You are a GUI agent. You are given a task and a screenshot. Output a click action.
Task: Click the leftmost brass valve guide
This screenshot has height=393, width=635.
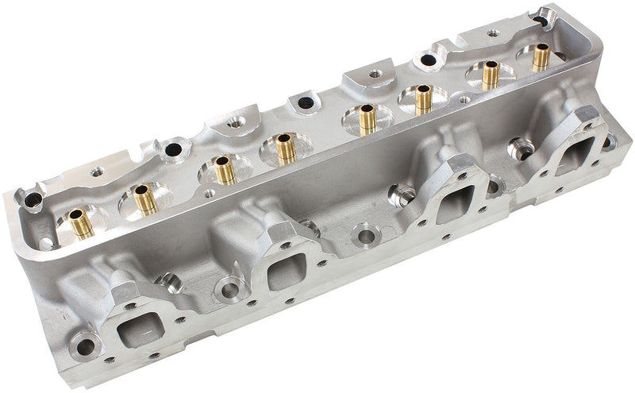pyautogui.click(x=80, y=223)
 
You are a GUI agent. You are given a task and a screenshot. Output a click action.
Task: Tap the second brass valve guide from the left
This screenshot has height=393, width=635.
pyautogui.click(x=144, y=199)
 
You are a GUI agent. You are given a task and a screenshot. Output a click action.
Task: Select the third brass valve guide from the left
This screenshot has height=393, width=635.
pyautogui.click(x=225, y=169)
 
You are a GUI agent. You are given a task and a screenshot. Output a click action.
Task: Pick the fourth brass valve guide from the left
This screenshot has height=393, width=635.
pyautogui.click(x=285, y=148)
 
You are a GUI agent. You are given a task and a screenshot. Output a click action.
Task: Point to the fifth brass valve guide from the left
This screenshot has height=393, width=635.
pyautogui.click(x=367, y=119)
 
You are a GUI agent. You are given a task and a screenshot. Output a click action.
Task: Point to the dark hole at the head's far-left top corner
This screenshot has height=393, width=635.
pyautogui.click(x=33, y=199)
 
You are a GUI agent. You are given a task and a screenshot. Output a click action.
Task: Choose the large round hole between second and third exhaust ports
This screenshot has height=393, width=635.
pyautogui.click(x=366, y=236)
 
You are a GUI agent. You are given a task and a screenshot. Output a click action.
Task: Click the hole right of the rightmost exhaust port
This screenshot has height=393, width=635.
pyautogui.click(x=608, y=142)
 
